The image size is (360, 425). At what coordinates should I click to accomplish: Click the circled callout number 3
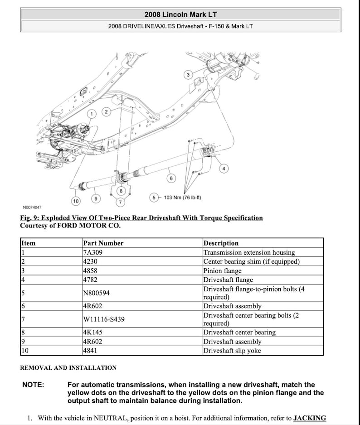188,74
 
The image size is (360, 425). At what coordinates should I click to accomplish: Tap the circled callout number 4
224,169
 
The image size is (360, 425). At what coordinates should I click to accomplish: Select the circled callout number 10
76,200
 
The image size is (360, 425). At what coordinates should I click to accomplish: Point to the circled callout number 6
171,179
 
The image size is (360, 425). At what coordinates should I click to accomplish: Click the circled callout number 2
106,111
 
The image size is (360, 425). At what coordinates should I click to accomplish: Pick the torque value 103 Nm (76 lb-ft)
182,198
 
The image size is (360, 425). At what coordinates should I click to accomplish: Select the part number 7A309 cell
93,252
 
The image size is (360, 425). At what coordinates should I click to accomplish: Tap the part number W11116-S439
104,319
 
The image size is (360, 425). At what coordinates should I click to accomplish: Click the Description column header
221,243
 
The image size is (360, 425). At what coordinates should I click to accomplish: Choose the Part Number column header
103,243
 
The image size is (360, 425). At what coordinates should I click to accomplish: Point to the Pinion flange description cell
223,271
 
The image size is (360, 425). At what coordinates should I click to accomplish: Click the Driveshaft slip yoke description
232,351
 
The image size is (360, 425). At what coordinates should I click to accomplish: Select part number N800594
96,293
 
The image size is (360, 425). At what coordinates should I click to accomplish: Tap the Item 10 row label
25,351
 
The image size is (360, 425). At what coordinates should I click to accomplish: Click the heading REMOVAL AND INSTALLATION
68,368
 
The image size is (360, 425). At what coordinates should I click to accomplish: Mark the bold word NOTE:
33,385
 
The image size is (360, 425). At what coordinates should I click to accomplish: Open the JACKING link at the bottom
310,418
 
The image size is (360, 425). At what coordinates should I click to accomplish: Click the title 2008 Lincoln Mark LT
180,14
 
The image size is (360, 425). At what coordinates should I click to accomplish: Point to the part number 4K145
93,333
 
